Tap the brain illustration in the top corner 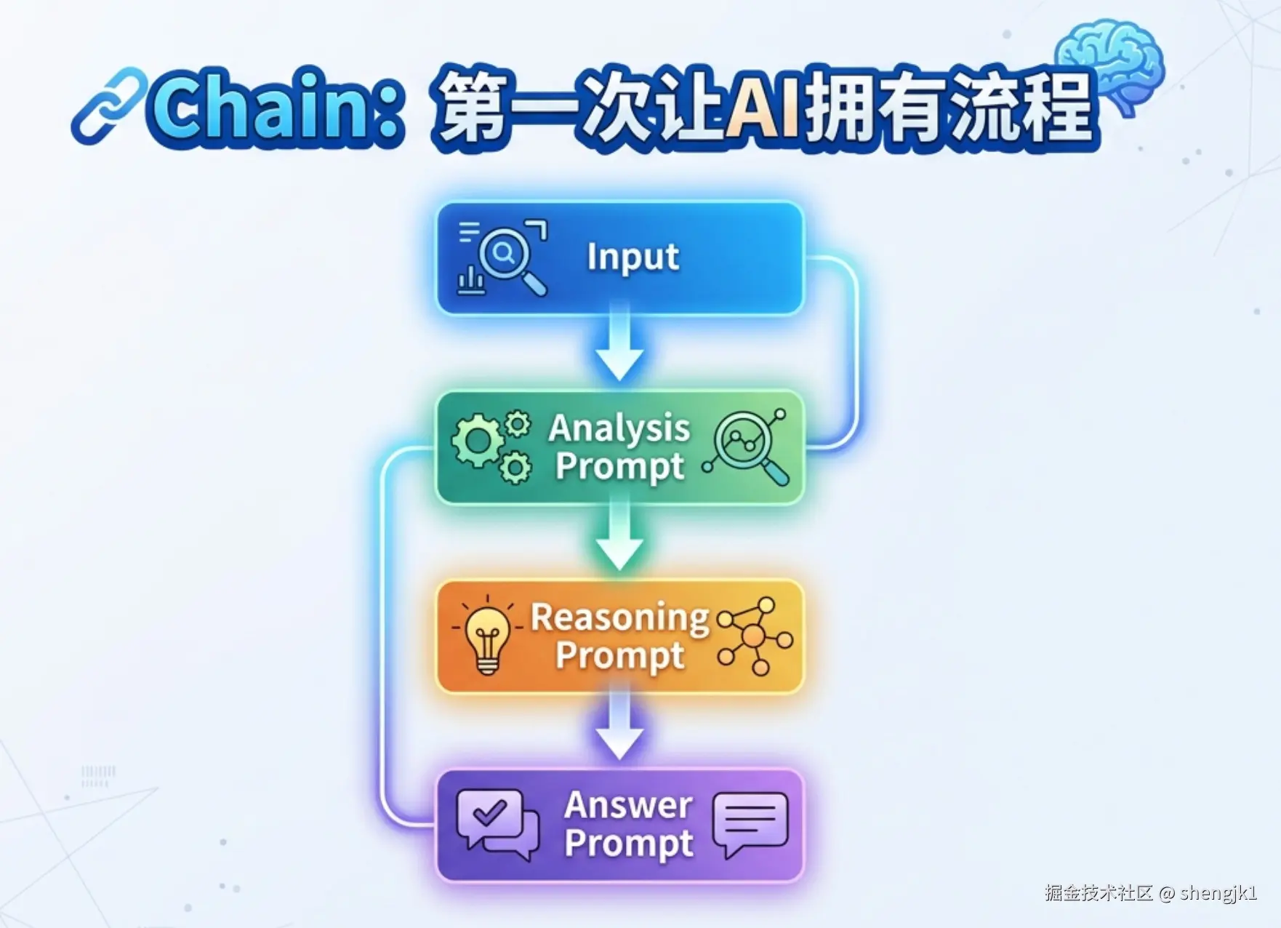(1109, 65)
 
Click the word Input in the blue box (633, 257)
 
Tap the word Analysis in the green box (619, 428)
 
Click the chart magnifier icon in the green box (746, 446)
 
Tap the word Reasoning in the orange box (620, 618)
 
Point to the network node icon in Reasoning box (755, 636)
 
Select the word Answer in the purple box (629, 805)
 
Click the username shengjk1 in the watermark (1218, 892)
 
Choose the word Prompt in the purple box (629, 844)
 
